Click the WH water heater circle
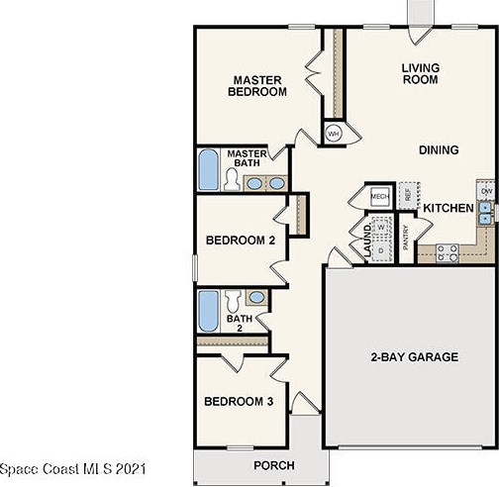pos(334,134)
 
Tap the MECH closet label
pos(380,196)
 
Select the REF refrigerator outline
pos(409,195)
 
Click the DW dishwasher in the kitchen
pos(486,191)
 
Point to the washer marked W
pos(381,228)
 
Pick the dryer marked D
pos(381,250)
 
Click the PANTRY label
pos(406,238)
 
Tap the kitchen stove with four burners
pos(448,253)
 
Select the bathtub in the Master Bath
pos(208,169)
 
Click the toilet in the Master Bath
pos(232,180)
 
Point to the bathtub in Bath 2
pos(208,311)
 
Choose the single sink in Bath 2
pos(256,297)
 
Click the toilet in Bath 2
pos(233,301)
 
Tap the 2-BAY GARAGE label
pos(415,357)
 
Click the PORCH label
pos(274,465)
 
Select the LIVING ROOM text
pos(421,73)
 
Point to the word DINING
pos(439,150)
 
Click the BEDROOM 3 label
pos(239,402)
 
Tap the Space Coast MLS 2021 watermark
pos(72,469)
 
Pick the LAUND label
pos(367,241)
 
